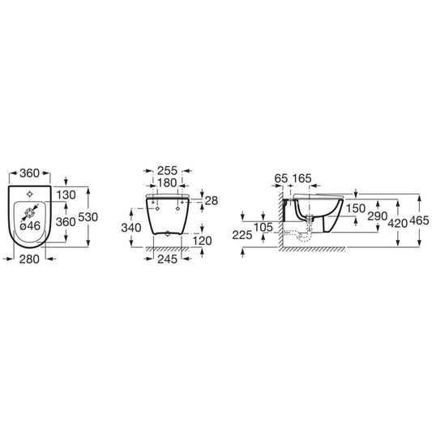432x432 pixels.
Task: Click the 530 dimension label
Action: point(88,217)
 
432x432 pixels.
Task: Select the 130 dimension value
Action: point(66,195)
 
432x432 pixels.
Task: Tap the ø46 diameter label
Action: point(30,226)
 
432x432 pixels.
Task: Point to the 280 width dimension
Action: point(29,259)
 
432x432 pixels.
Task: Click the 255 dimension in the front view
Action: point(167,171)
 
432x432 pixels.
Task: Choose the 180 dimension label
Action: point(167,182)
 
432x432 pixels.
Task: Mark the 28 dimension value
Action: point(212,201)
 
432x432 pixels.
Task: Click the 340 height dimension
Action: point(131,228)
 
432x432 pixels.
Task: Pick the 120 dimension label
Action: point(202,241)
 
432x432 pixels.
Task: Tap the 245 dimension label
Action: point(167,259)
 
